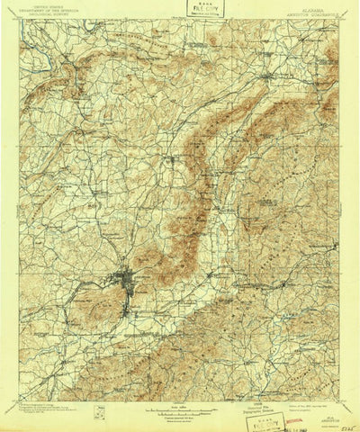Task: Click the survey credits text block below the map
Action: pyautogui.click(x=54, y=397)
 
